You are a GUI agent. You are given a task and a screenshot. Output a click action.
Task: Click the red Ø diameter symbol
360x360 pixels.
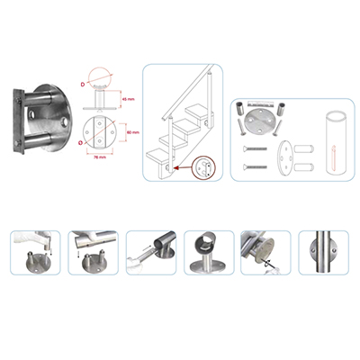click(x=83, y=140)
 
